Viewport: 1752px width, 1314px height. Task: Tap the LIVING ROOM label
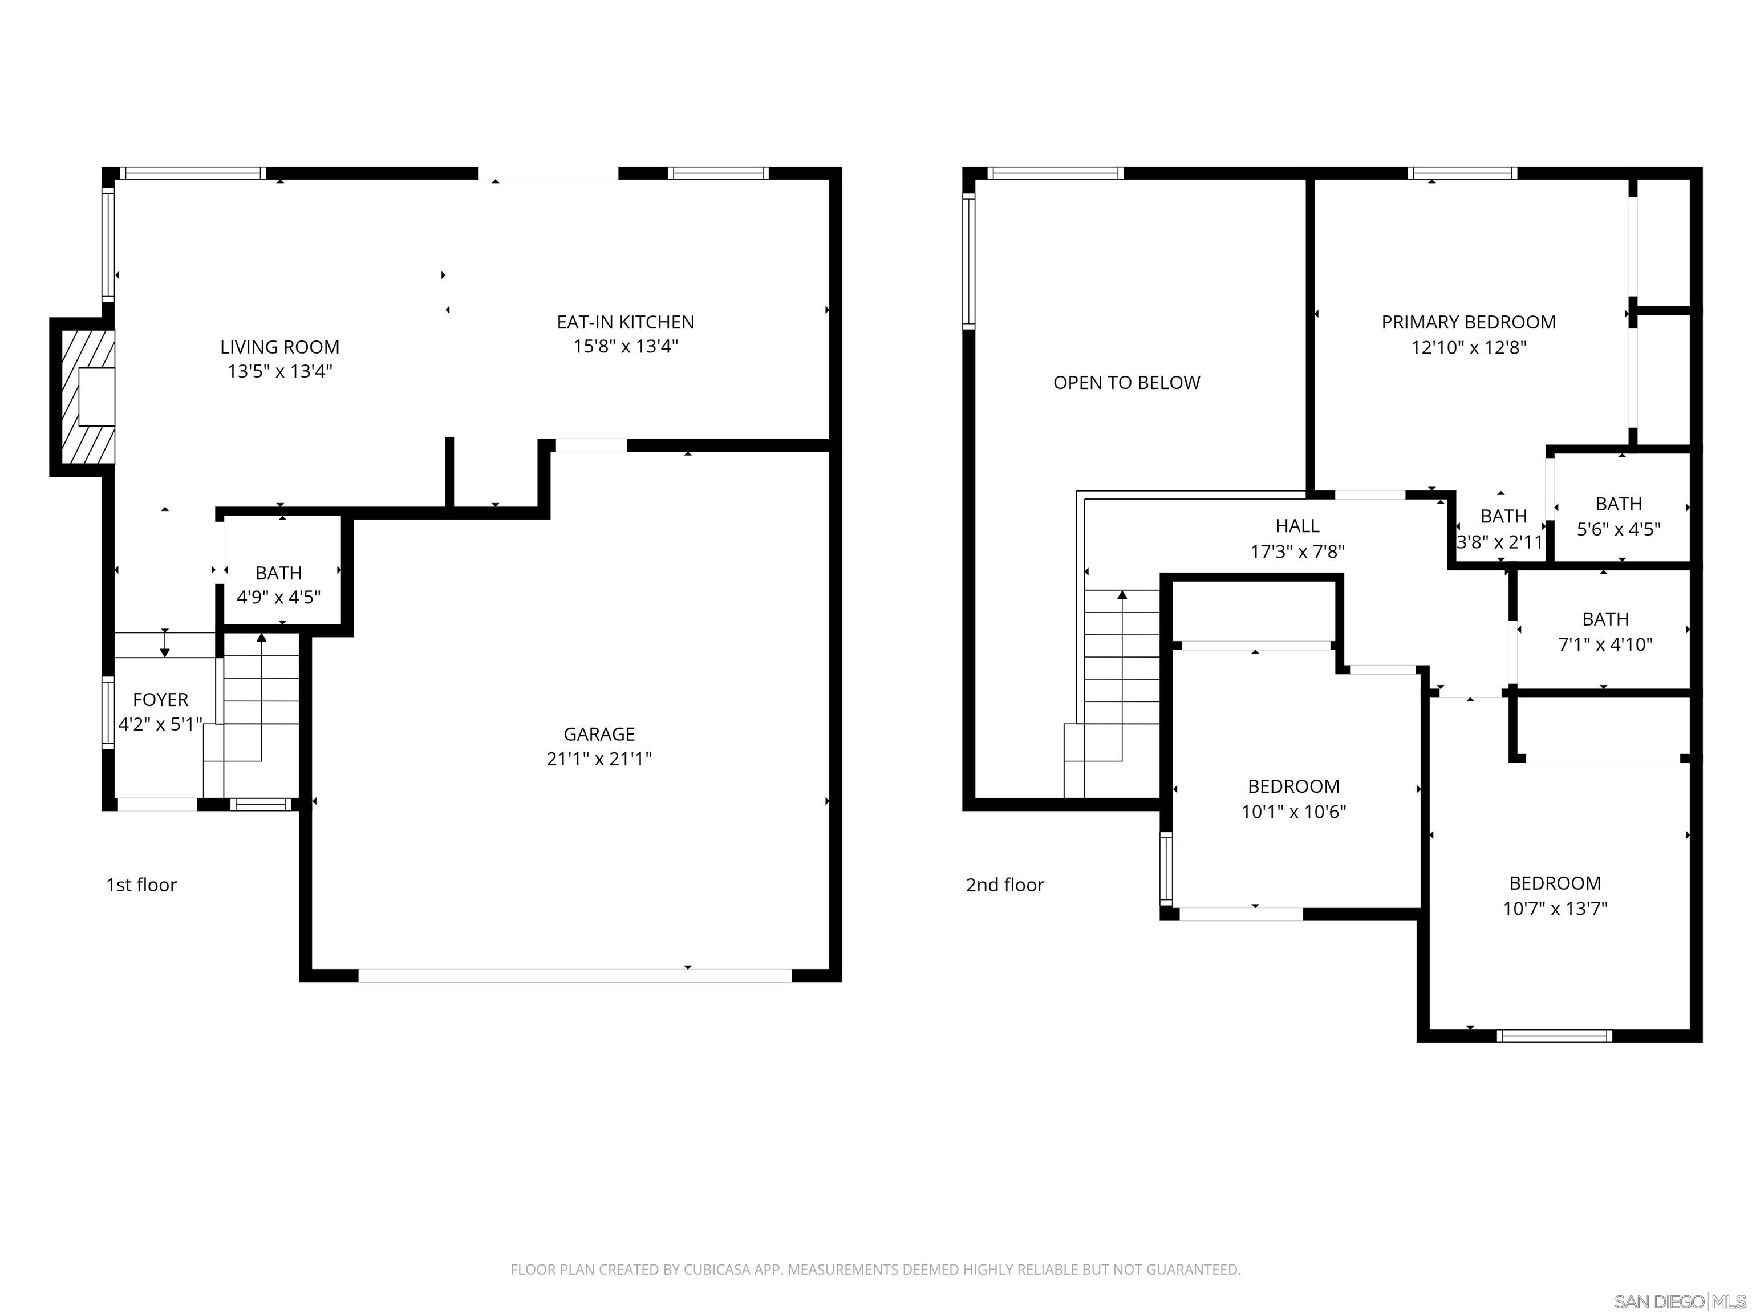[x=279, y=347]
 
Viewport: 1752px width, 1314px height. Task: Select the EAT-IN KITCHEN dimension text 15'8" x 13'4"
[x=625, y=346]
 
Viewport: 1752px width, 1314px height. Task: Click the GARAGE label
[x=599, y=734]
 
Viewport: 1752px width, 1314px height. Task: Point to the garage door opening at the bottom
[x=574, y=976]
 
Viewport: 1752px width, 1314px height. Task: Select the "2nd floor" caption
[x=1004, y=885]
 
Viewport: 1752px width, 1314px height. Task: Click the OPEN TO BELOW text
[x=1126, y=383]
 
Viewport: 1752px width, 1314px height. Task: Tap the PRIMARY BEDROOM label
[x=1469, y=322]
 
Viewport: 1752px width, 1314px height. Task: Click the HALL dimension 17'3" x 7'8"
[x=1297, y=551]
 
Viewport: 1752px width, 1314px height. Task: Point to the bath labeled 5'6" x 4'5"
[x=1618, y=516]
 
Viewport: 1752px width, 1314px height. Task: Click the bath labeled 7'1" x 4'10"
[x=1605, y=631]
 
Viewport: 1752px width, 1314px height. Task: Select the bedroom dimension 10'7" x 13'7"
[x=1555, y=909]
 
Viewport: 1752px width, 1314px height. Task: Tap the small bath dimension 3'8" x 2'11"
[x=1499, y=542]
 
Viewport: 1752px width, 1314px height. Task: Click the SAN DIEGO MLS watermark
[x=1679, y=1301]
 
